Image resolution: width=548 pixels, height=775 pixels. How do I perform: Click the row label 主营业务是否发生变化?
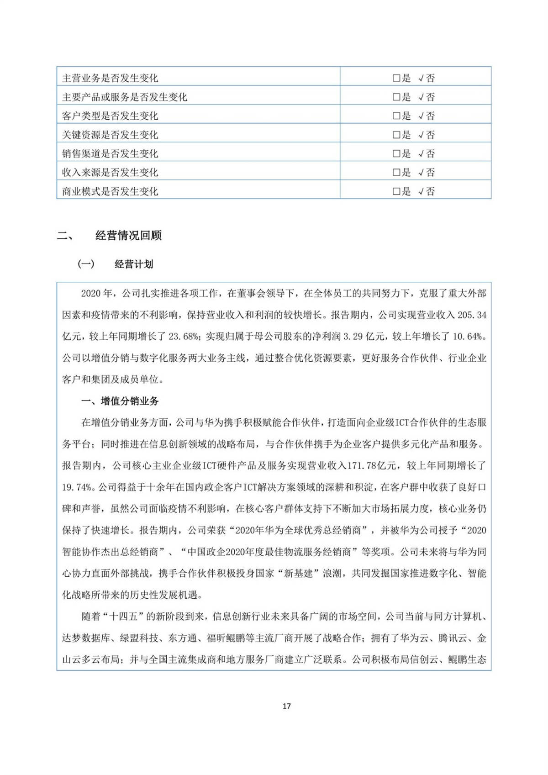pyautogui.click(x=110, y=78)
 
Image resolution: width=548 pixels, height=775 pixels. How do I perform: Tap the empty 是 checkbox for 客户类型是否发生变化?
pyautogui.click(x=396, y=116)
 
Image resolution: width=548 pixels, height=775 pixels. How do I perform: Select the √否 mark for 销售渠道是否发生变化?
pyautogui.click(x=427, y=154)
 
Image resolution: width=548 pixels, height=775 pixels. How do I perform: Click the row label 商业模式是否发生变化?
pyautogui.click(x=110, y=191)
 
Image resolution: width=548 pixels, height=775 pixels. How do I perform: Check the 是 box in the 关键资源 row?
pyautogui.click(x=396, y=135)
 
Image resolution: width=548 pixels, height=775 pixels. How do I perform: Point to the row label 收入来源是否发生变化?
pyautogui.click(x=110, y=173)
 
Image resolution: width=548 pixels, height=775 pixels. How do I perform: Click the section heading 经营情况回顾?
pyautogui.click(x=128, y=236)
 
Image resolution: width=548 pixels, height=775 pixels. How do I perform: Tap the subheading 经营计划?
pyautogui.click(x=134, y=264)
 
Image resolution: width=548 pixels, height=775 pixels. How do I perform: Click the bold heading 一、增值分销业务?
pyautogui.click(x=120, y=401)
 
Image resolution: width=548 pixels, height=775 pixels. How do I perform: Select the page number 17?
pyautogui.click(x=286, y=706)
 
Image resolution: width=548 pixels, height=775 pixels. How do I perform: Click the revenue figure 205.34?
pyautogui.click(x=472, y=315)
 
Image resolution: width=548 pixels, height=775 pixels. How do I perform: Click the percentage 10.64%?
pyautogui.click(x=468, y=337)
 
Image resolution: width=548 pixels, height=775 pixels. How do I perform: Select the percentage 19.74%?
pyautogui.click(x=77, y=487)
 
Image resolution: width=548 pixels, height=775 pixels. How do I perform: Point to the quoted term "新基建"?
pyautogui.click(x=298, y=574)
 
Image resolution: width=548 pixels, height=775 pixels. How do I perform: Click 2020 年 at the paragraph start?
pyautogui.click(x=96, y=294)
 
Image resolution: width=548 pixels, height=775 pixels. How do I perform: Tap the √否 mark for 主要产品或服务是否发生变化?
pyautogui.click(x=427, y=97)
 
